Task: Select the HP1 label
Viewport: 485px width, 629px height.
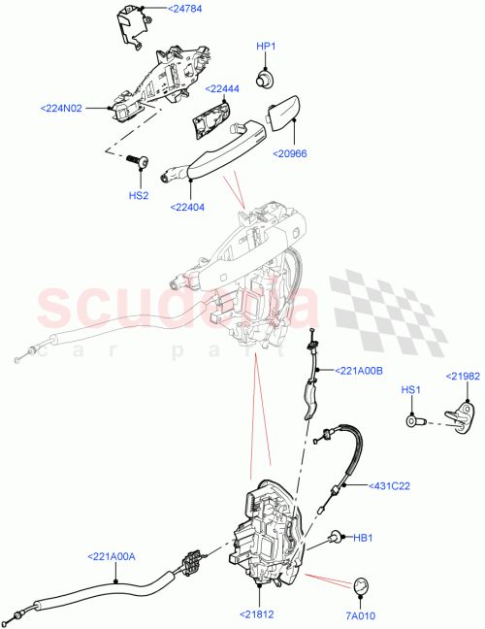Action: coord(266,47)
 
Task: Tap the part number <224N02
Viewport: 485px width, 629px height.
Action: coord(63,108)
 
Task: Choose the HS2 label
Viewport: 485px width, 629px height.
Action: coord(140,195)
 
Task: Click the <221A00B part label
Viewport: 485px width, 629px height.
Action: coord(360,370)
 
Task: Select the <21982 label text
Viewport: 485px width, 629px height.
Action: coord(464,376)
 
